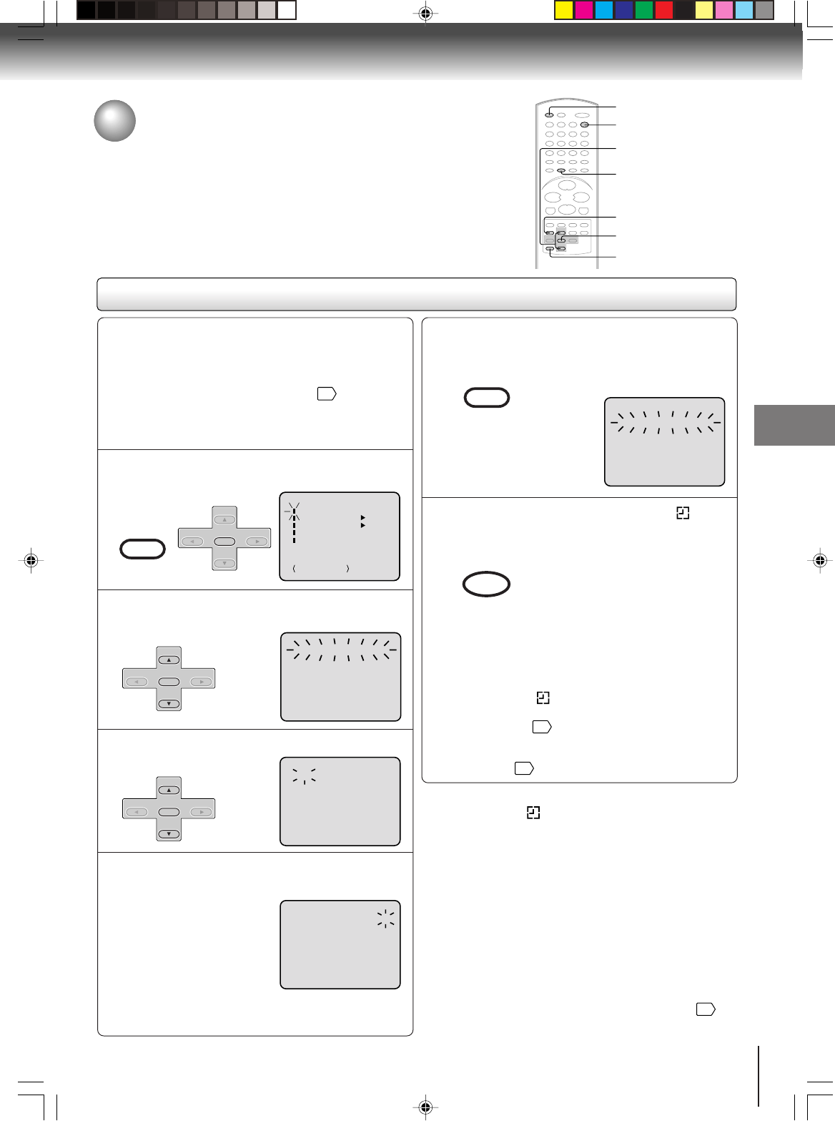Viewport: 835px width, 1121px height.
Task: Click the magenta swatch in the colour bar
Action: [x=584, y=10]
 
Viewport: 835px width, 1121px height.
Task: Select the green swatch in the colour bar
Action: [x=644, y=10]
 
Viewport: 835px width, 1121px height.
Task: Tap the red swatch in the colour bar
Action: [x=664, y=10]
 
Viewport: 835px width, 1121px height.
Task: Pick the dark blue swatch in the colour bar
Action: [x=624, y=10]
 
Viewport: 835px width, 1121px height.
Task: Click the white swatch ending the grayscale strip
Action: [x=287, y=10]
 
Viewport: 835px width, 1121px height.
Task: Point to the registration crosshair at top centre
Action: [x=425, y=14]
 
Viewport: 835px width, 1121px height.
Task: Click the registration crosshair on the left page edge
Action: [x=31, y=561]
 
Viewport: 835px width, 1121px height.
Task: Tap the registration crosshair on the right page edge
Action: [x=820, y=561]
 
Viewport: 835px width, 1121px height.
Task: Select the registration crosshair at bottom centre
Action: [x=425, y=1107]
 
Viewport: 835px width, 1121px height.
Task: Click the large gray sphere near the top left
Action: [x=115, y=121]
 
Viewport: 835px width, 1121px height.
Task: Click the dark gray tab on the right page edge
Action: [x=794, y=425]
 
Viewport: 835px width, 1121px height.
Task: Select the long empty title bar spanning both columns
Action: [x=416, y=294]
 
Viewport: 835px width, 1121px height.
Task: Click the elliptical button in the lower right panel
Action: [x=486, y=584]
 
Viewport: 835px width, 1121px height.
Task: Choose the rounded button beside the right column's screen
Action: [x=487, y=397]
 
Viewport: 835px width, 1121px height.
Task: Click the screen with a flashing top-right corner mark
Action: [x=340, y=944]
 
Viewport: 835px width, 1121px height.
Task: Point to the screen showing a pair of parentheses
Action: [x=340, y=536]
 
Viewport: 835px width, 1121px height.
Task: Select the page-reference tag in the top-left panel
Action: [x=327, y=393]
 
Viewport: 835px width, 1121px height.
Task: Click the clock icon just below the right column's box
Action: [x=533, y=812]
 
